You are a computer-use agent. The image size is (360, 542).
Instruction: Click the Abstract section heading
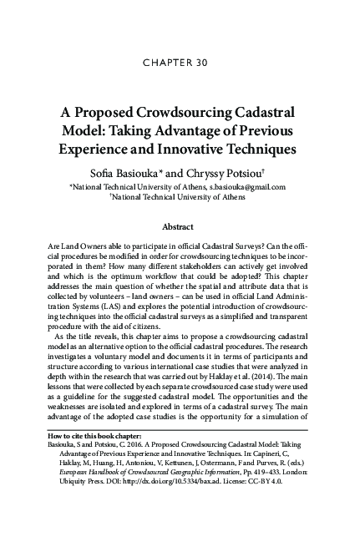click(x=180, y=227)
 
